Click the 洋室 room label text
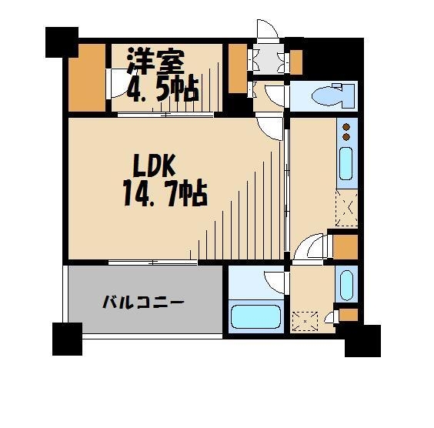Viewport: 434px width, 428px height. coord(154,61)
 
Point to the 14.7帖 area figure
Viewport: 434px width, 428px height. coord(164,193)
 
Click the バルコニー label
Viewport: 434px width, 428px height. coord(144,302)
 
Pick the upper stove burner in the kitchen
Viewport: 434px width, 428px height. coord(346,127)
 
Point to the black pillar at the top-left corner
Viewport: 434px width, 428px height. coord(62,42)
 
